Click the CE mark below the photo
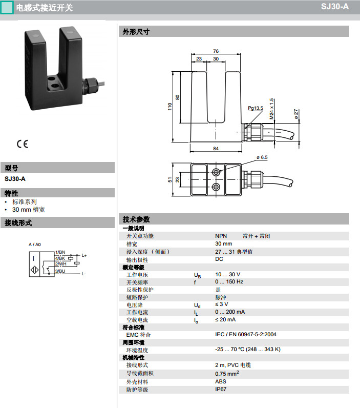tap(22, 144)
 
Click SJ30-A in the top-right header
tap(335, 7)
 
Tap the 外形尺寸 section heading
tap(136, 31)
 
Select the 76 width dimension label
tap(216, 51)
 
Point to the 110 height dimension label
tap(170, 107)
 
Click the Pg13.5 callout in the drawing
tap(256, 108)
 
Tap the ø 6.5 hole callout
tap(262, 157)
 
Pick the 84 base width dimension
tap(216, 149)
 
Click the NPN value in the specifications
tap(221, 236)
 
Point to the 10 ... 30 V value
tap(227, 275)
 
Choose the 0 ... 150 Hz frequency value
tap(229, 282)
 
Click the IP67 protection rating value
tap(221, 389)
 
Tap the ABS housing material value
tap(221, 381)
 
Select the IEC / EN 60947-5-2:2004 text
tap(245, 334)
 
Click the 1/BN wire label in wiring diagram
tap(60, 252)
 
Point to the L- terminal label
tap(83, 274)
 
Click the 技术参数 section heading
tap(136, 219)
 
